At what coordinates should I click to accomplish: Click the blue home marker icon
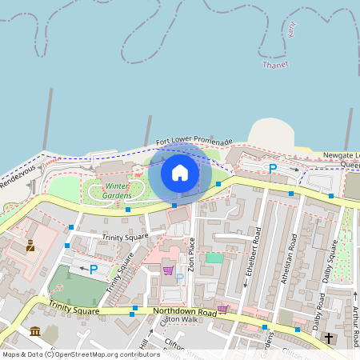[x=180, y=173]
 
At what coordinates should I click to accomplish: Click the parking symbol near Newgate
[x=273, y=169]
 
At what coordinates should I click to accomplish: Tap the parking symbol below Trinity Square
[x=94, y=270]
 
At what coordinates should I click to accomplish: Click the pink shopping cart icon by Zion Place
[x=169, y=270]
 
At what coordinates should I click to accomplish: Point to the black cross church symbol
[x=329, y=338]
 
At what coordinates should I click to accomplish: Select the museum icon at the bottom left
[x=34, y=330]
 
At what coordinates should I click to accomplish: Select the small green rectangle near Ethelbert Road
[x=214, y=258]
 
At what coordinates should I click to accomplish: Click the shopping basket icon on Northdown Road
[x=222, y=309]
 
